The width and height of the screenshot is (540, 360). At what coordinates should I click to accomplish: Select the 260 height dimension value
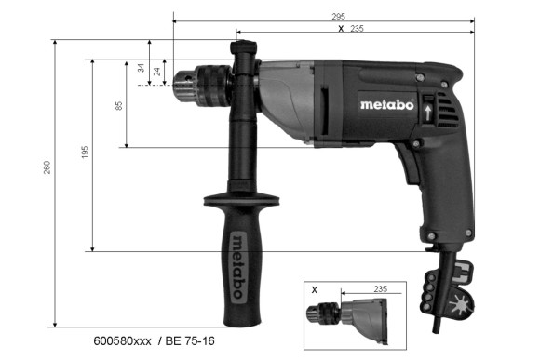(47, 166)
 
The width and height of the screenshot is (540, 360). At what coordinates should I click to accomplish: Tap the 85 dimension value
(119, 104)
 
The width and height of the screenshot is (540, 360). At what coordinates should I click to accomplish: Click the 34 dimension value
(142, 68)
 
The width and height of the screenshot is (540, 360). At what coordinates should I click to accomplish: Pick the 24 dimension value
(157, 72)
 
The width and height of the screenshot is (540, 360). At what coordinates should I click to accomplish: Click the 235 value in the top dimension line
(357, 29)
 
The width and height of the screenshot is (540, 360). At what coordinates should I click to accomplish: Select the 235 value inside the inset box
(380, 290)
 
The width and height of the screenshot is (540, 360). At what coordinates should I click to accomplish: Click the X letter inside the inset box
(315, 289)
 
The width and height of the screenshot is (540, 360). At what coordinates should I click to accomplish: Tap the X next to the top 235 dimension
(341, 29)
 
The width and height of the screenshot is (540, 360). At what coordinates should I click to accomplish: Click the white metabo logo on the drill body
(385, 103)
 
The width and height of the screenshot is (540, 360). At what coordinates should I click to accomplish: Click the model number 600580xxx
(125, 341)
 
